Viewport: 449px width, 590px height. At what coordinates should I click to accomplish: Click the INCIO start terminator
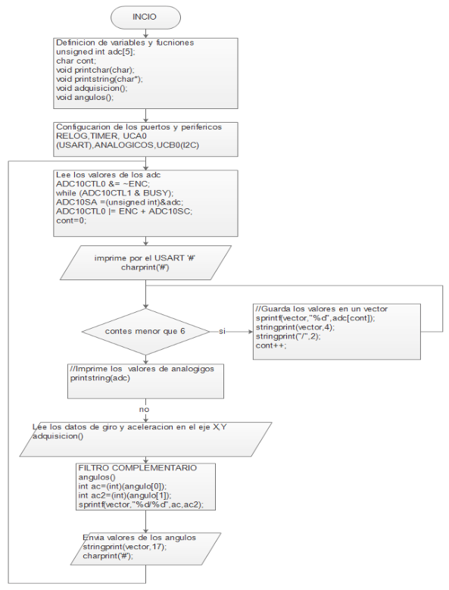145,17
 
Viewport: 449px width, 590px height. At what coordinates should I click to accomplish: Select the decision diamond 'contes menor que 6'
145,332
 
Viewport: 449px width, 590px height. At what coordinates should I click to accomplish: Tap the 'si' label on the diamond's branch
223,332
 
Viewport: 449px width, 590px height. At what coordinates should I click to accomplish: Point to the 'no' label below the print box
144,410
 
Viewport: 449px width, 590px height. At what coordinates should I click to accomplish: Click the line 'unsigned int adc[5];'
95,52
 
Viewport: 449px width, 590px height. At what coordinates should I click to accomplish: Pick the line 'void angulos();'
85,98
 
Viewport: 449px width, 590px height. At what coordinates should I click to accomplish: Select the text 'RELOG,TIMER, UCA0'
101,136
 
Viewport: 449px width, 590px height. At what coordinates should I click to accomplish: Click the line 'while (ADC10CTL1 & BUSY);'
114,193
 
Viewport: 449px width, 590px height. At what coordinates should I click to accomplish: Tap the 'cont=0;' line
71,220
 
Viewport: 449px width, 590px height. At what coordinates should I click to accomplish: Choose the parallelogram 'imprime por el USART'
145,263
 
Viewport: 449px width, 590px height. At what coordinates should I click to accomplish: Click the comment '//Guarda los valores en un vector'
322,309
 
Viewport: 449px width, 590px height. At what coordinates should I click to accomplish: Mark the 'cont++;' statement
271,345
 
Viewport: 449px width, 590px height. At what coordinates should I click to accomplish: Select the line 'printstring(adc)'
100,378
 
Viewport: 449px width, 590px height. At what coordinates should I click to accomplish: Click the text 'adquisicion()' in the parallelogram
58,436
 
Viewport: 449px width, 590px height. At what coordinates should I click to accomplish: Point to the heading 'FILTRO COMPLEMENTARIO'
138,468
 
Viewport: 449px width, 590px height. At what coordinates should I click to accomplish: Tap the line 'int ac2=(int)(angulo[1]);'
125,495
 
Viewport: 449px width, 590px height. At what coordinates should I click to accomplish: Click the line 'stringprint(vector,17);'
124,547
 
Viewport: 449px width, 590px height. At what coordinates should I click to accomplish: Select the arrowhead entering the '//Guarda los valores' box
251,332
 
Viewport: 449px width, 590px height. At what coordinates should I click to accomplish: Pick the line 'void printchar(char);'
95,70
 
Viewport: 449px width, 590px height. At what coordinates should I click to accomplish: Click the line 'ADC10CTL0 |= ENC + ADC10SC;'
124,211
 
